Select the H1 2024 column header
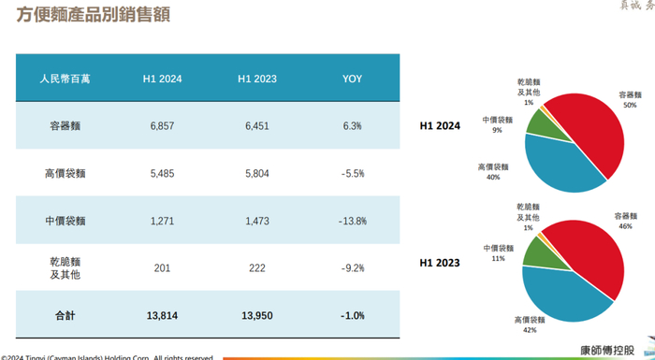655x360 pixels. (162, 79)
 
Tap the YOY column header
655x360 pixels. (353, 79)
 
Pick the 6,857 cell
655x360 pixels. (162, 125)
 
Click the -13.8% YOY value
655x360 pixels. (353, 222)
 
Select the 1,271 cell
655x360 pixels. (162, 222)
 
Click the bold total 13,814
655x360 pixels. (162, 316)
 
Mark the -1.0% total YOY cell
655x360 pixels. (353, 316)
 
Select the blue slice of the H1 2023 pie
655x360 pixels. (561, 285)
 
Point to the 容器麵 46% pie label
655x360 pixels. (625, 221)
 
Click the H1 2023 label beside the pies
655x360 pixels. (440, 265)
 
